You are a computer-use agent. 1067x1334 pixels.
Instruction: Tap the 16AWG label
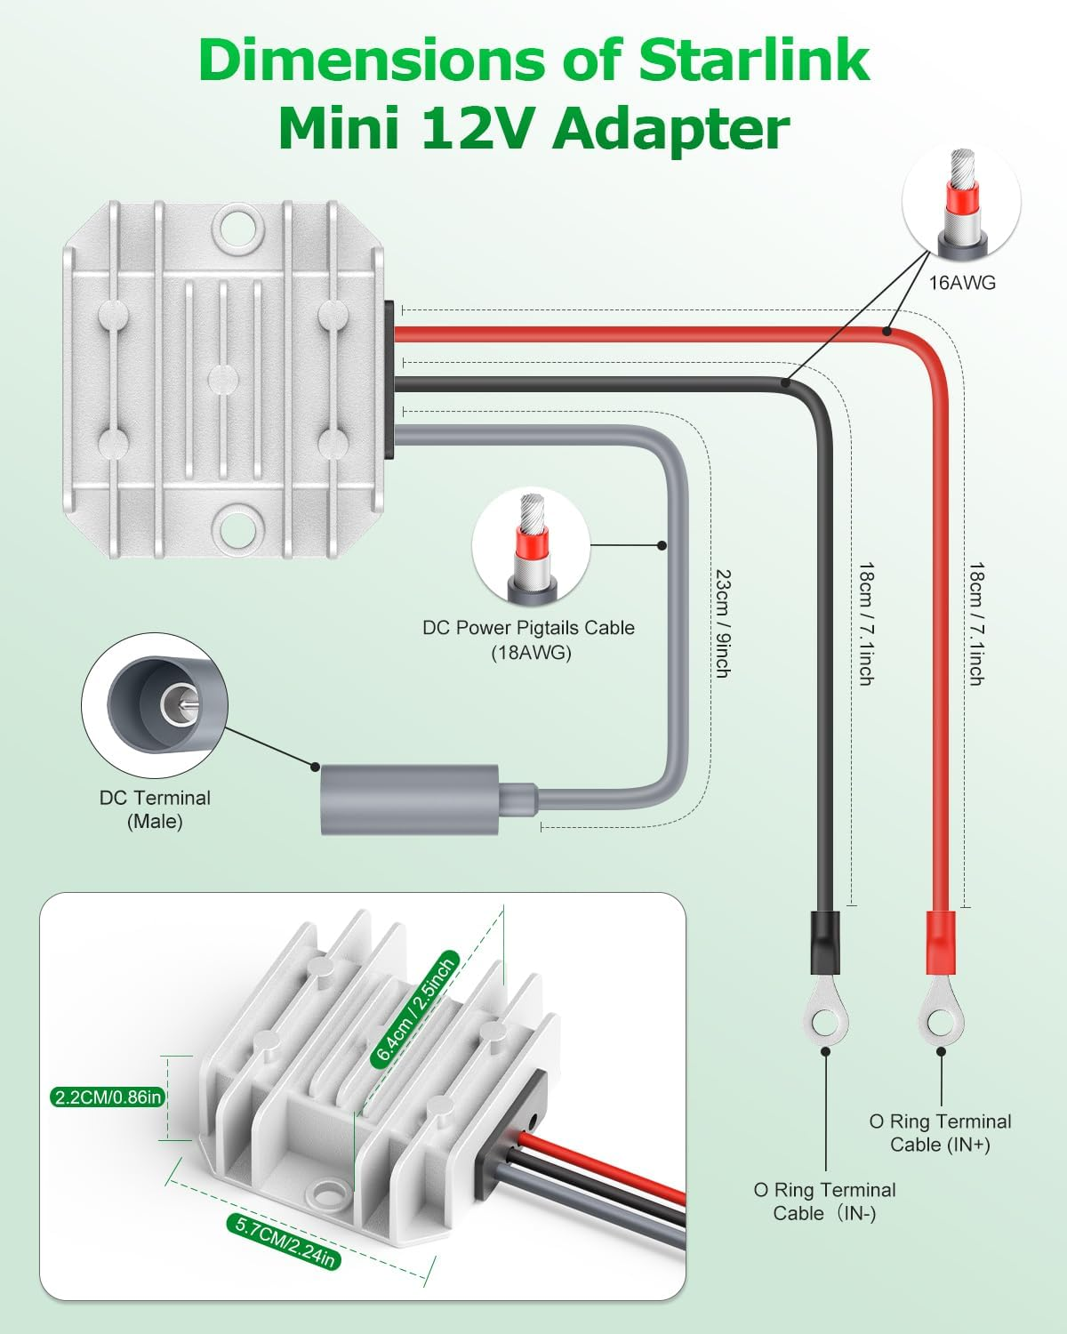962,283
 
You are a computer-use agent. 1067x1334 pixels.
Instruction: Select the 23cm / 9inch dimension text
722,623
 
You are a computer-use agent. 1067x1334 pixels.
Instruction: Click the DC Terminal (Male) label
155,809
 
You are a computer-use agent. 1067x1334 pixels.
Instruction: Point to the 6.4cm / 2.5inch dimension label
416,1009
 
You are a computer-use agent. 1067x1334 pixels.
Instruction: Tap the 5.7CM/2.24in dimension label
285,1242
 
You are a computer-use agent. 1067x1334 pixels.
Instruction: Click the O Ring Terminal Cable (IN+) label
940,1133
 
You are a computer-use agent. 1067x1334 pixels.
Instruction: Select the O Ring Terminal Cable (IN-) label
824,1201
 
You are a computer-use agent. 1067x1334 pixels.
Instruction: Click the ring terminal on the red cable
941,1021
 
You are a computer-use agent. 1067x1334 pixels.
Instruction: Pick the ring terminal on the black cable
825,1021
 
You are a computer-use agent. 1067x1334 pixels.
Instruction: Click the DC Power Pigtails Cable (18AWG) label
528,639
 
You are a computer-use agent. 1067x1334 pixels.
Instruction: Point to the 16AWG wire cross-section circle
961,203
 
